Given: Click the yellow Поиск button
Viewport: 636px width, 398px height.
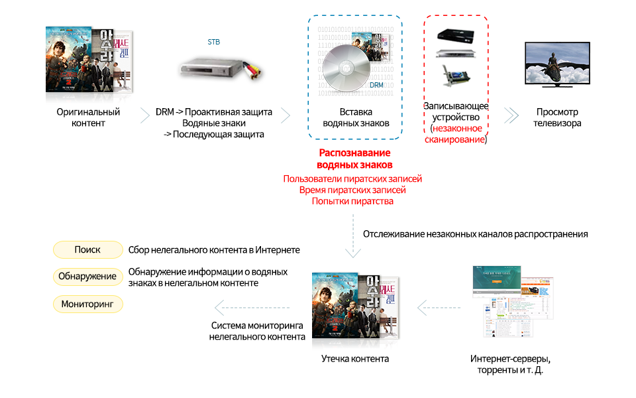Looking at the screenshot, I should point(87,250).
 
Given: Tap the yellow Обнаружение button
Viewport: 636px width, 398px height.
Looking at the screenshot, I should point(87,277).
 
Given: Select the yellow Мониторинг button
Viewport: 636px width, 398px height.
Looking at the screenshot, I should point(87,304).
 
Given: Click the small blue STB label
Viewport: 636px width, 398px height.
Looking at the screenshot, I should point(213,42).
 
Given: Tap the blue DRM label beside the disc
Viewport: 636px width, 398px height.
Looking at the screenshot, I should point(376,85).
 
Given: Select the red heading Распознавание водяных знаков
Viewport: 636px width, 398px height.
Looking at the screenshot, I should point(355,159).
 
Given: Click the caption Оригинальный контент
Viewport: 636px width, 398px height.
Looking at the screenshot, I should point(88,117).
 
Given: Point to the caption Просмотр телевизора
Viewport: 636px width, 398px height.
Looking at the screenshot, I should point(558,117).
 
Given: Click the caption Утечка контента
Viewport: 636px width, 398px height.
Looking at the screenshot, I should point(355,358).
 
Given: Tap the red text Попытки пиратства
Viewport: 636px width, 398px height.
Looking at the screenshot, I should point(352,201).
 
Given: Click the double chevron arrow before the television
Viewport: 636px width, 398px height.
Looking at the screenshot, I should point(511,115).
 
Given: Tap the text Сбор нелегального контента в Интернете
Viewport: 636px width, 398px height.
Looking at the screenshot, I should point(214,250).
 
